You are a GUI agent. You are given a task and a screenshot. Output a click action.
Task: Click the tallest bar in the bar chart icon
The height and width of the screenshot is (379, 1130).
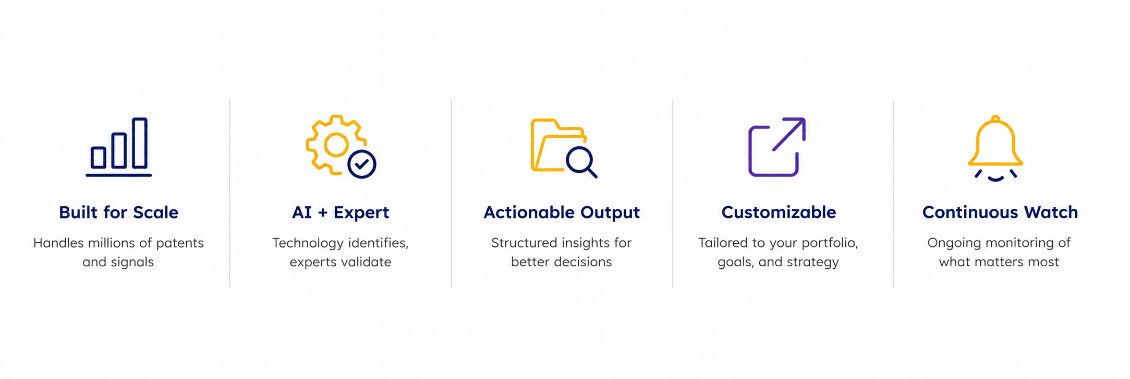point(140,143)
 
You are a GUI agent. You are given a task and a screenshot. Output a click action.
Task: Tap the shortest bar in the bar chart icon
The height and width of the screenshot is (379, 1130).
point(99,157)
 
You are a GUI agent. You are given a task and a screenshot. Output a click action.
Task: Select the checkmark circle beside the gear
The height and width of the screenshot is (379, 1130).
point(362,164)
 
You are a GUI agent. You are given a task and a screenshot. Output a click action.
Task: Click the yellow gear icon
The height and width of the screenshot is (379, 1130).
point(336,145)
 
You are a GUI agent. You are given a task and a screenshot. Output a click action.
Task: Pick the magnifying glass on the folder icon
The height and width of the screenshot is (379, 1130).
point(580,161)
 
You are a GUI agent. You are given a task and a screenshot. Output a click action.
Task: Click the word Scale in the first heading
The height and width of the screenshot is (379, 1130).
point(155,212)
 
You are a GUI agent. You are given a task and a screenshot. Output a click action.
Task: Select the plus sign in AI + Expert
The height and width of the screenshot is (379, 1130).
point(323,213)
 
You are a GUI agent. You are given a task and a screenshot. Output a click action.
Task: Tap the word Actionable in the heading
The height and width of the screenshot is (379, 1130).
point(529,212)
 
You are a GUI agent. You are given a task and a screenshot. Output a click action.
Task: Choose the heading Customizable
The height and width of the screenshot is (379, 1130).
point(779,212)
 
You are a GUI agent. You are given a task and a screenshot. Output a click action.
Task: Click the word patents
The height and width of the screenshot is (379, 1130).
point(180,243)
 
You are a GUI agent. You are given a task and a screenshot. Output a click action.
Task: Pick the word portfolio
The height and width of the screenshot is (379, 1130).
point(830,243)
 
